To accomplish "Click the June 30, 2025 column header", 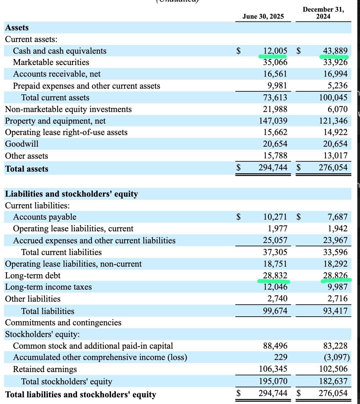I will pos(263,16).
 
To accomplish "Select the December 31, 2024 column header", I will pos(323,13).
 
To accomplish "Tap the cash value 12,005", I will pos(275,51).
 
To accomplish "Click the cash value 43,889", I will pos(335,51).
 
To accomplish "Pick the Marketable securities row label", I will pos(51,62).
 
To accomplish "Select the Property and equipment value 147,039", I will pos(273,121).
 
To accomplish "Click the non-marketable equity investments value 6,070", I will pos(337,109).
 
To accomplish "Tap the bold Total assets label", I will pos(27,169).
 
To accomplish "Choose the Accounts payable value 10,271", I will pos(275,217).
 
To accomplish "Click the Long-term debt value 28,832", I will pos(275,276).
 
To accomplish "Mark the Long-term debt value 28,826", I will pos(335,276).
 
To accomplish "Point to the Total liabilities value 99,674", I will pos(275,311).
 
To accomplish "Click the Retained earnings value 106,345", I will pos(273,369).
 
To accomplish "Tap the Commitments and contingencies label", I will pos(63,323).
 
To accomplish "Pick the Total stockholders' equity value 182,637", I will pos(333,381).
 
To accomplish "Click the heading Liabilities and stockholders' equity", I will pos(71,194).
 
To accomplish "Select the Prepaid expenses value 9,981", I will pos(277,86).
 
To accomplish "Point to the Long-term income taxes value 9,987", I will pos(337,287).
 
